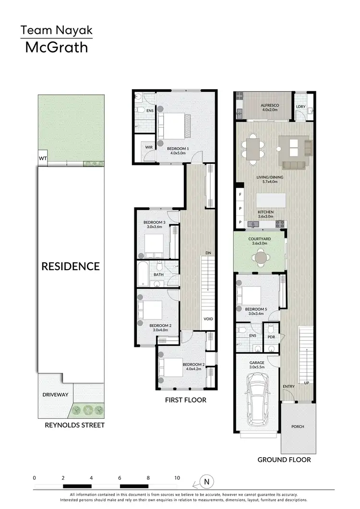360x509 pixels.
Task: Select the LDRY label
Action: pos(301,106)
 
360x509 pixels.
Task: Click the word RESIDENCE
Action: pos(70,266)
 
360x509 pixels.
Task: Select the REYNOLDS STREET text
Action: pos(74,425)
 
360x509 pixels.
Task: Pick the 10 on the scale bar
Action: pos(177,478)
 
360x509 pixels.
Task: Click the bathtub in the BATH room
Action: pos(143,274)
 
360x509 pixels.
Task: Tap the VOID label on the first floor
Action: pos(208,319)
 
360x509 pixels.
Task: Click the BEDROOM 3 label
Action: pos(155,222)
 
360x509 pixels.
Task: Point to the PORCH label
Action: pos(298,426)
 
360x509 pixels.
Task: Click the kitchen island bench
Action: pos(271,199)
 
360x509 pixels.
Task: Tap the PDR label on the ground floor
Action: pos(272,336)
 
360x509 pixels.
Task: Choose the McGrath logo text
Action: pos(56,47)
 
